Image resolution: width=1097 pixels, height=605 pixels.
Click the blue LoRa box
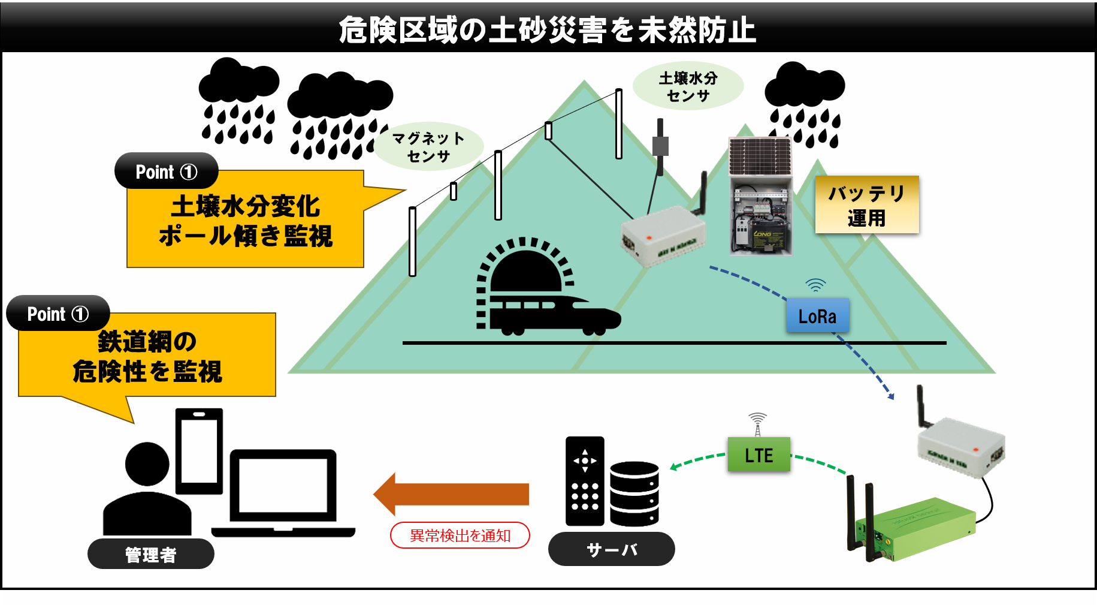click(x=817, y=315)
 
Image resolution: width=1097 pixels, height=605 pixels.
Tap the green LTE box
click(x=758, y=455)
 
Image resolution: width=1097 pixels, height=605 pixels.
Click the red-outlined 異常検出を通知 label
click(x=460, y=535)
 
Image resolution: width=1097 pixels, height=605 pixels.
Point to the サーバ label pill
click(x=611, y=549)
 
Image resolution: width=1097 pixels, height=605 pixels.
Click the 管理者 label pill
click(x=150, y=554)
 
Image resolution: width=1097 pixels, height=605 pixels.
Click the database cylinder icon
click(x=634, y=493)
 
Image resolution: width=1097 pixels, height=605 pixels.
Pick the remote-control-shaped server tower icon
click(x=585, y=481)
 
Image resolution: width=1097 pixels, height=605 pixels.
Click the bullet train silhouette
click(x=554, y=315)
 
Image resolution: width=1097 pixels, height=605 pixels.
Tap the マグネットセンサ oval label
click(x=428, y=147)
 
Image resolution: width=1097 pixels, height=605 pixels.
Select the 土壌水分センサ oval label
click(x=688, y=86)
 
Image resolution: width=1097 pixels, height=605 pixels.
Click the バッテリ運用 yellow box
click(x=866, y=204)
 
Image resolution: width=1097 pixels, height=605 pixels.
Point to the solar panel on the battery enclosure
click(x=760, y=155)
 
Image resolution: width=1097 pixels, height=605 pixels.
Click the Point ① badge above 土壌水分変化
click(x=166, y=171)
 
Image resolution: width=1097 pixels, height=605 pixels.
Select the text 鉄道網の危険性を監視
click(x=147, y=356)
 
